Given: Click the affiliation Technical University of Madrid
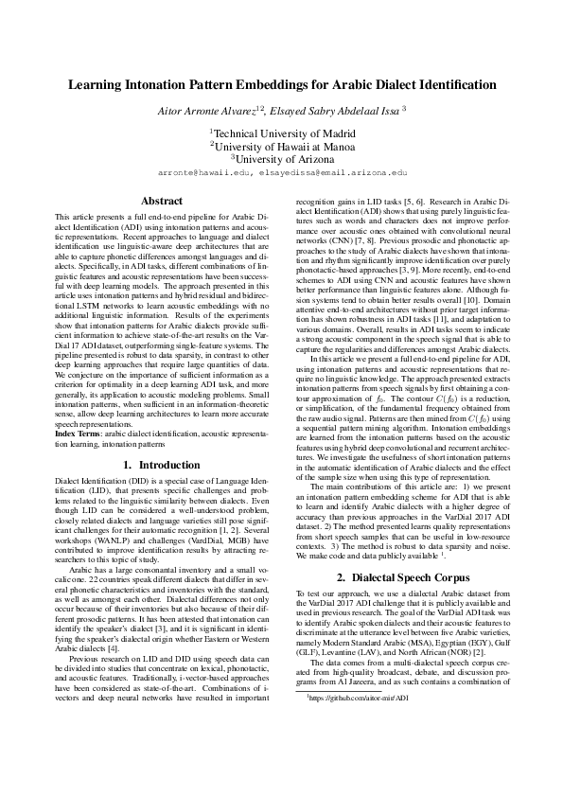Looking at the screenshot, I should (x=283, y=133).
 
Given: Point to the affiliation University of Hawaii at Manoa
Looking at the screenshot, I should (x=283, y=147).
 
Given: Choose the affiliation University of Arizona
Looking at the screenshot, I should (x=283, y=160).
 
